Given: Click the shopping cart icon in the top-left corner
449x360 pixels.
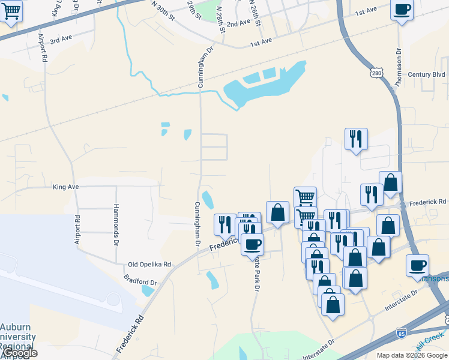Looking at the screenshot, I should click(11, 11).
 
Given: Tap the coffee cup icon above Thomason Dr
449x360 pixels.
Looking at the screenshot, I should click(402, 10).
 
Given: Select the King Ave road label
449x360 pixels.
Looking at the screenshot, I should click(66, 187).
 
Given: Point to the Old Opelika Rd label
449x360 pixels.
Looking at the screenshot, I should click(149, 264).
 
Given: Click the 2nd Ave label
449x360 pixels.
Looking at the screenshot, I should click(238, 23).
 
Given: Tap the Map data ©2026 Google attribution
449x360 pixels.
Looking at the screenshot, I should click(412, 355).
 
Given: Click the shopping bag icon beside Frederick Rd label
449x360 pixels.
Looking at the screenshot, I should click(390, 183).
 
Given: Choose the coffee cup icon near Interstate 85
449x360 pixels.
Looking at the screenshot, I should click(417, 265).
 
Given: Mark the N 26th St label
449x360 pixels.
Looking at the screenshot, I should click(258, 13).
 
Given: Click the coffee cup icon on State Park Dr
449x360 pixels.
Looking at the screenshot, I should click(252, 244).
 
